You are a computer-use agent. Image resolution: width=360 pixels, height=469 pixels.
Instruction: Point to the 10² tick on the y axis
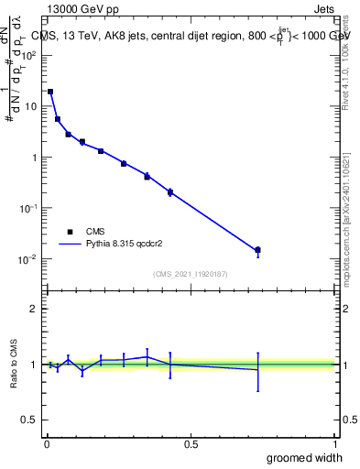click(29, 55)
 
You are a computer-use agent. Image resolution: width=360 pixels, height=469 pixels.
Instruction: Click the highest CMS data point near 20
click(50, 92)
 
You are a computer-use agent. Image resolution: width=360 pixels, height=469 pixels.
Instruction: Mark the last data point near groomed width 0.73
click(257, 250)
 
